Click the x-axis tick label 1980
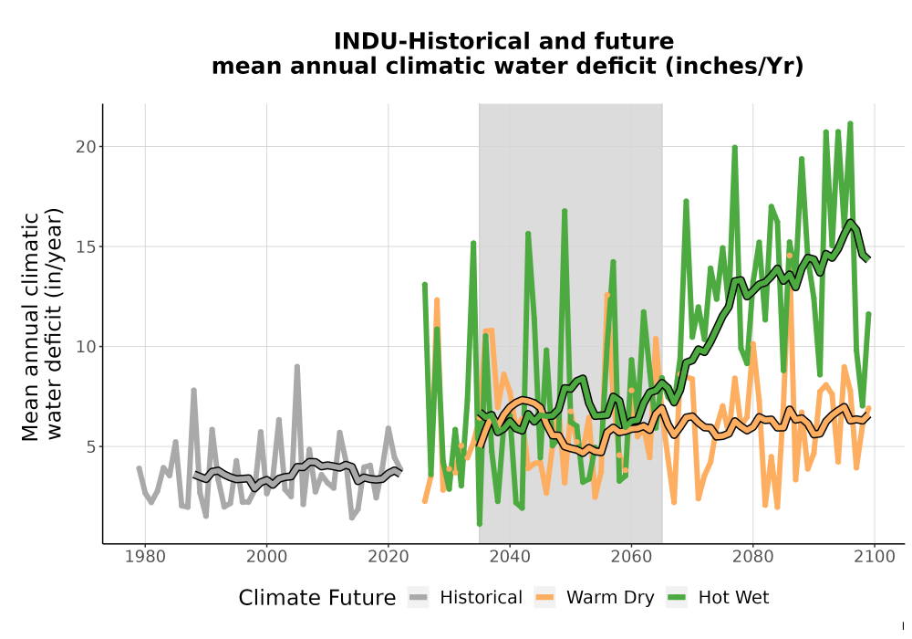click(145, 557)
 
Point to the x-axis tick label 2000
click(266, 557)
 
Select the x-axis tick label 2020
click(388, 557)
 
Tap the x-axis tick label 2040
click(510, 557)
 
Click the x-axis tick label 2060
click(631, 557)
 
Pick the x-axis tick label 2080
click(752, 557)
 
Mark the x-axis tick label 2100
click(875, 557)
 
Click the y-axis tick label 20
click(86, 147)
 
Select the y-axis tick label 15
click(86, 246)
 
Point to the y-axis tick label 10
click(86, 347)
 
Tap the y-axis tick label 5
click(90, 447)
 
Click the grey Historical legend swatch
click(419, 598)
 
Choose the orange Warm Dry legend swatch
click(545, 598)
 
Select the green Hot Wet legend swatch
click(677, 598)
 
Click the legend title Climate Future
click(317, 598)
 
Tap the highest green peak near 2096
click(850, 123)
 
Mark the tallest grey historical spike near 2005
click(296, 367)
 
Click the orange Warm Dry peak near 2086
click(789, 256)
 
